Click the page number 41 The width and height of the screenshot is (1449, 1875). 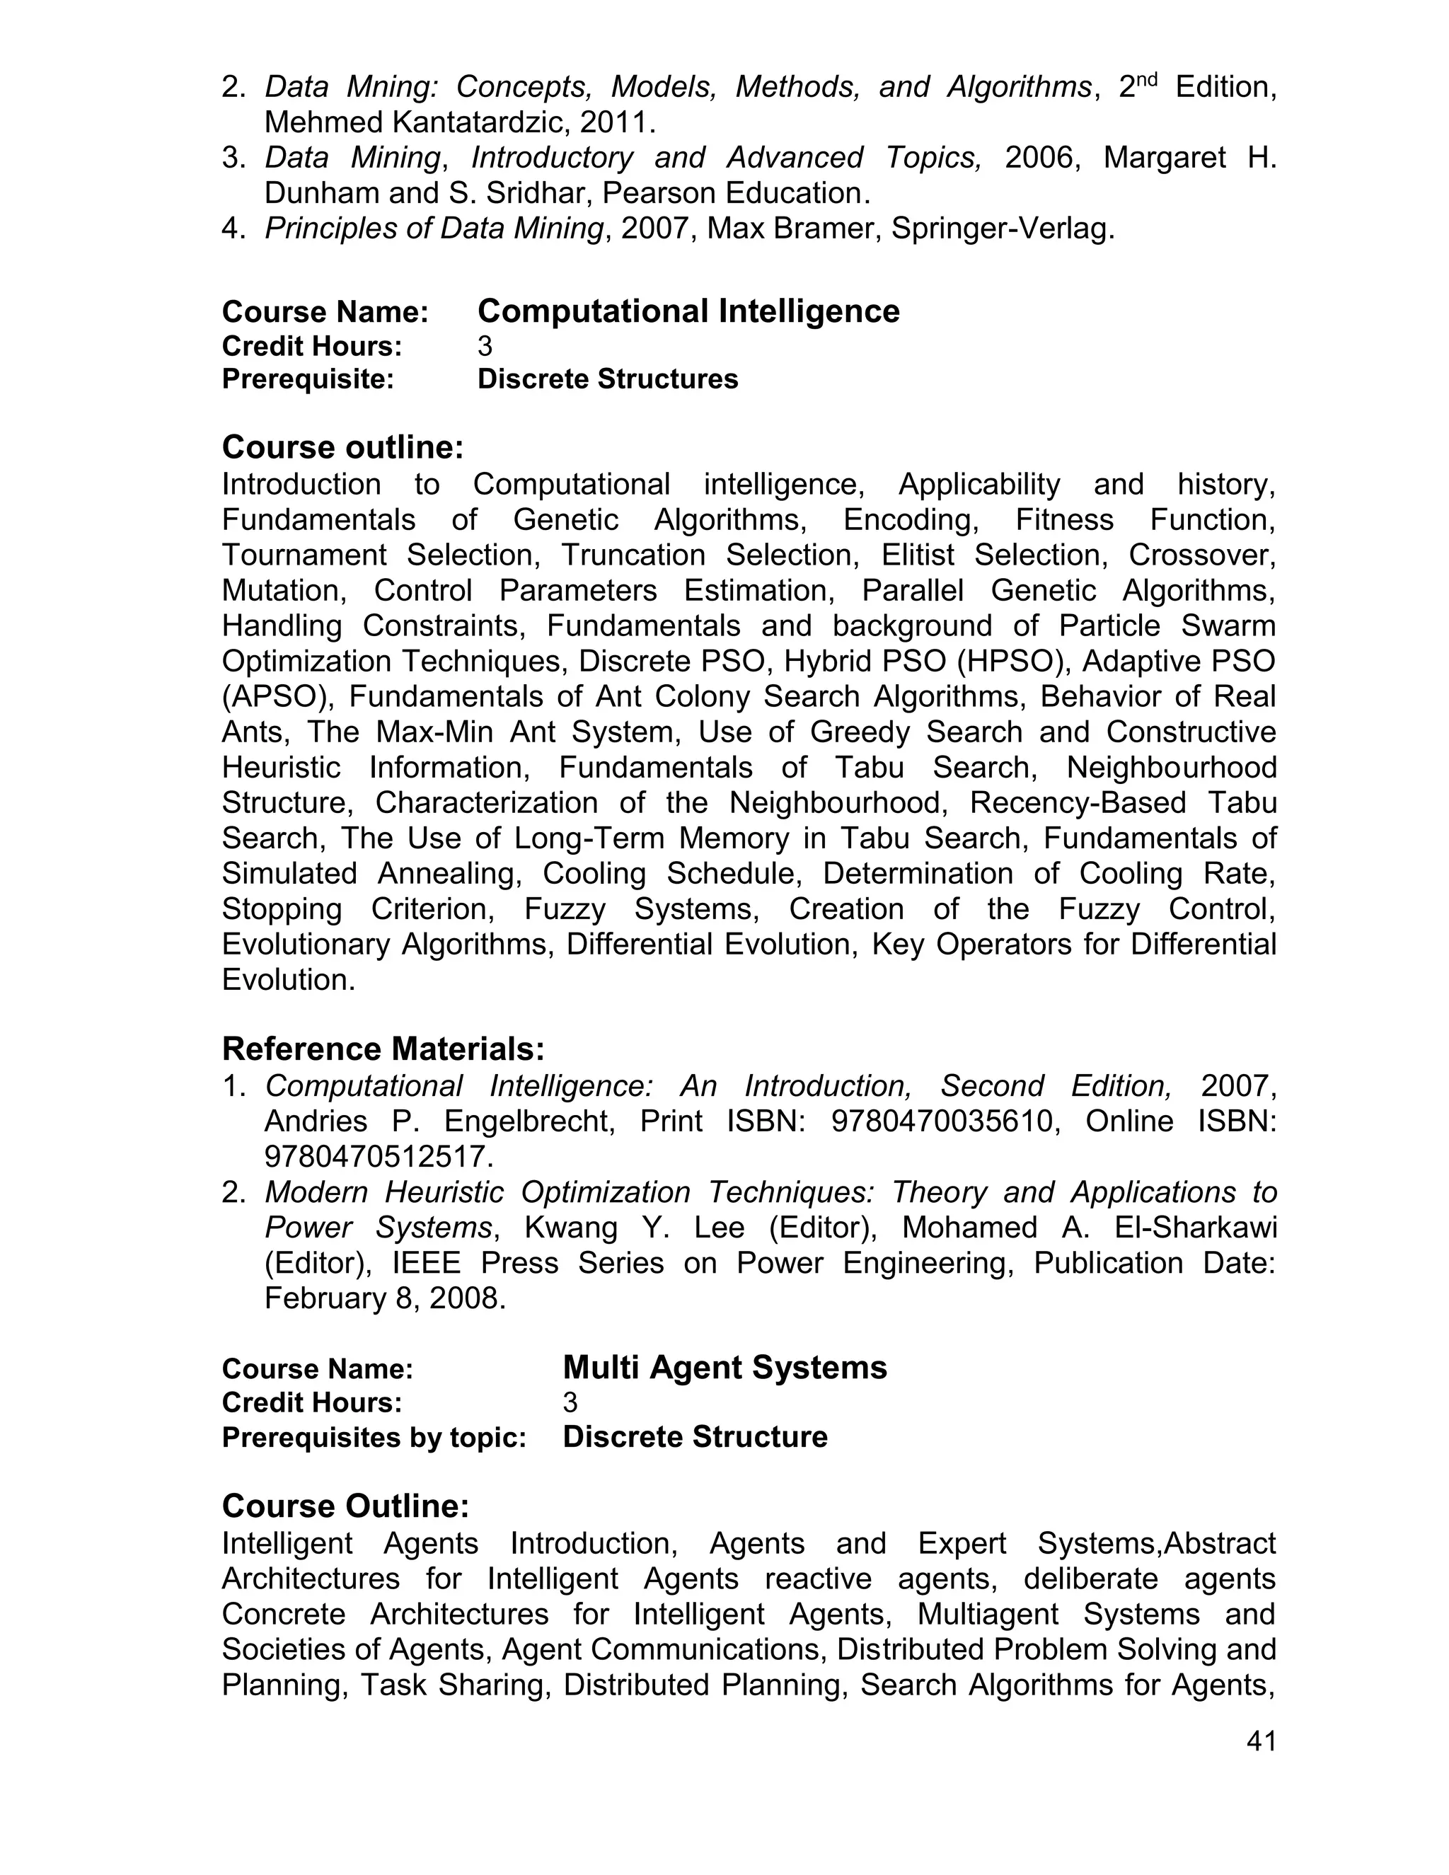[x=1260, y=1741]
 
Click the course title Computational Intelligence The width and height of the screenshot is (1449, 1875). [x=688, y=311]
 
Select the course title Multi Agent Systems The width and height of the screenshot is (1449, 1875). [x=724, y=1367]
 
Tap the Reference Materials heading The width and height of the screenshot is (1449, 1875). [x=383, y=1049]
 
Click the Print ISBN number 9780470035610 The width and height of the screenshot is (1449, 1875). [x=940, y=1121]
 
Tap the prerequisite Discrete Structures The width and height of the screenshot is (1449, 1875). [x=607, y=379]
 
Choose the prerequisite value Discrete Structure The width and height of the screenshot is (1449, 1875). [x=695, y=1437]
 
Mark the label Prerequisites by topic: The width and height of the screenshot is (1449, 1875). [x=374, y=1438]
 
